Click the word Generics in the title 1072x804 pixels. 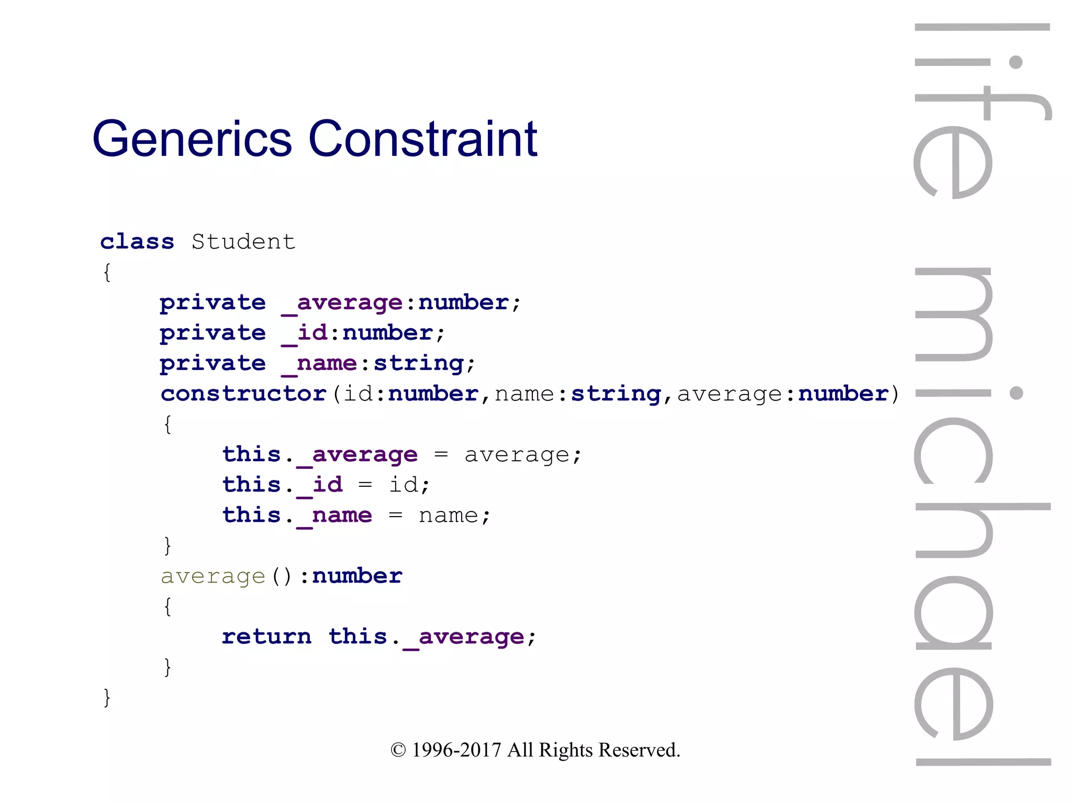pos(192,139)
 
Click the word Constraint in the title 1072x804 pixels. pos(423,139)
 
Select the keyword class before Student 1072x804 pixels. pos(137,242)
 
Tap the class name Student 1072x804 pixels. pos(243,242)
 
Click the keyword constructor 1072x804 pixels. pos(244,394)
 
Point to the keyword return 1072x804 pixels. pos(266,636)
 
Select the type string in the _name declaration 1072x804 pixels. pos(419,363)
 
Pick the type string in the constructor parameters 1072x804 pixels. pos(616,394)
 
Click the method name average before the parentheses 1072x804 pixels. pos(213,576)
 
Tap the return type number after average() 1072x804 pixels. pos(357,576)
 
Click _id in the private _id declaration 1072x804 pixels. pos(305,333)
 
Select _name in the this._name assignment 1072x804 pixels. pos(334,516)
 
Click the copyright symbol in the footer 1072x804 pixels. pos(398,750)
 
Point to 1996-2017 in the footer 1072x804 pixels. pos(456,750)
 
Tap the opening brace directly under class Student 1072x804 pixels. pos(107,272)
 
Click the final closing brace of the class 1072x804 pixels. pos(107,697)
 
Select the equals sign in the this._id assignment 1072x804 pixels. pos(365,485)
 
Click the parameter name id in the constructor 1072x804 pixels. pos(358,394)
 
